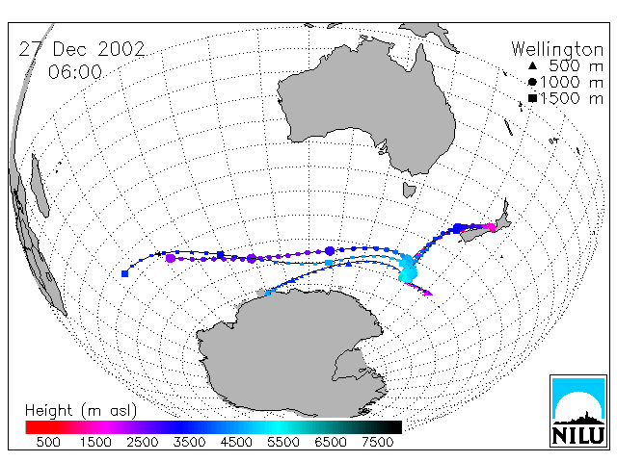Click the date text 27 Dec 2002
[82, 49]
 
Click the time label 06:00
[75, 72]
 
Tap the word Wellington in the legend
[557, 49]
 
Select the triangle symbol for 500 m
[532, 65]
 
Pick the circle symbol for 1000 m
[532, 82]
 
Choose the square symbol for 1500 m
[532, 98]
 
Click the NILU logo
[578, 411]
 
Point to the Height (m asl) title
[81, 411]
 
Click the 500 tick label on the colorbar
[48, 442]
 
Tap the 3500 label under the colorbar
[189, 442]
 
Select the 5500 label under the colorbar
[283, 442]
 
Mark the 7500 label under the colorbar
[377, 442]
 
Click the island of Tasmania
[409, 190]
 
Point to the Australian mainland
[366, 106]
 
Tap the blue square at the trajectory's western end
[124, 273]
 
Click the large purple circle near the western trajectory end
[171, 258]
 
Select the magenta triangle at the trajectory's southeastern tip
[428, 293]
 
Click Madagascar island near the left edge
[40, 186]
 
